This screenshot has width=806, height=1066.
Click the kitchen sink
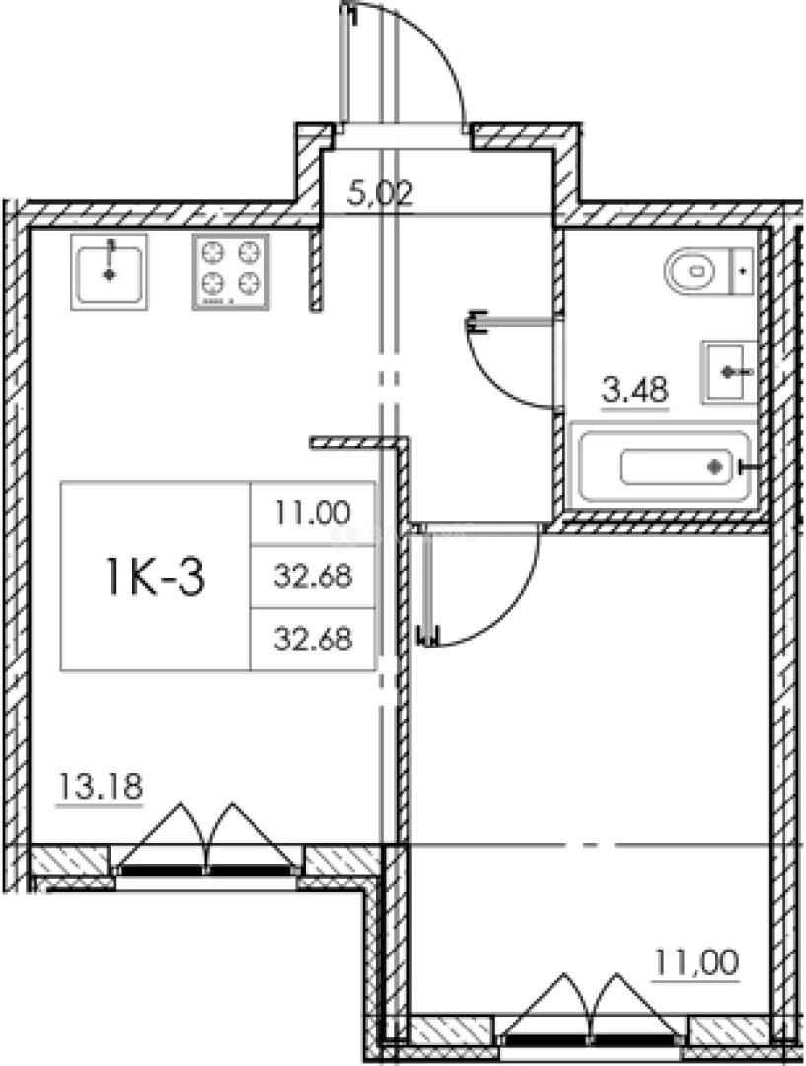(109, 272)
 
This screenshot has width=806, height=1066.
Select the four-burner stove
(231, 272)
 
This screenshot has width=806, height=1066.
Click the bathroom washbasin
(728, 372)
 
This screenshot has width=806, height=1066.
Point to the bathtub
(663, 466)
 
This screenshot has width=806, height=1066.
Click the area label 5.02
(380, 195)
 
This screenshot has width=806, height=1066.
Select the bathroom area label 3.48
(635, 391)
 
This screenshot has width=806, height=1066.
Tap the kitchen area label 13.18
(101, 786)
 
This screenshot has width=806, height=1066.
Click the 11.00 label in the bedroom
(696, 963)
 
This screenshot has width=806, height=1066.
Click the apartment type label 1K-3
(155, 575)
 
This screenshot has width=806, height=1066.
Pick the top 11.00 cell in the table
(313, 512)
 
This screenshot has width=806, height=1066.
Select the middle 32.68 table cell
(313, 576)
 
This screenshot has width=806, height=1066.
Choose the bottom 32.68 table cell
(313, 640)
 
